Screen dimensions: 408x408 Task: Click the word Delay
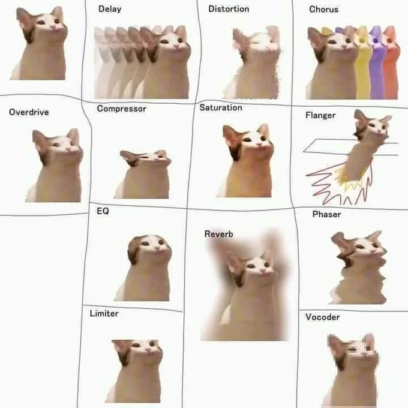(x=110, y=9)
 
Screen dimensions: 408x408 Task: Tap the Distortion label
(x=229, y=9)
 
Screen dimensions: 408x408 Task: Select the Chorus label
(x=323, y=10)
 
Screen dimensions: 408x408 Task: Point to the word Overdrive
(x=29, y=112)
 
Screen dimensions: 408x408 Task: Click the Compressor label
(x=122, y=109)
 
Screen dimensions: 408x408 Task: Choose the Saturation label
(x=221, y=108)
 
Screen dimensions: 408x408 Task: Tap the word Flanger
(x=320, y=115)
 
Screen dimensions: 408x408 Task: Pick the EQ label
(x=103, y=211)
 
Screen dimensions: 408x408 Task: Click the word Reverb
(x=218, y=234)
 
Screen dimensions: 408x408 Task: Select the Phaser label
(x=326, y=214)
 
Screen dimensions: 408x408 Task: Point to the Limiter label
(x=104, y=313)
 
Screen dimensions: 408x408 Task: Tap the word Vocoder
(x=323, y=317)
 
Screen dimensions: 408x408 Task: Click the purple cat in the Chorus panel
(x=377, y=62)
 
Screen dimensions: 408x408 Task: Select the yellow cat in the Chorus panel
(x=363, y=62)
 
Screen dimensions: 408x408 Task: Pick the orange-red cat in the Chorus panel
(x=391, y=62)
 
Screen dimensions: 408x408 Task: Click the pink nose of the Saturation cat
(x=259, y=143)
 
